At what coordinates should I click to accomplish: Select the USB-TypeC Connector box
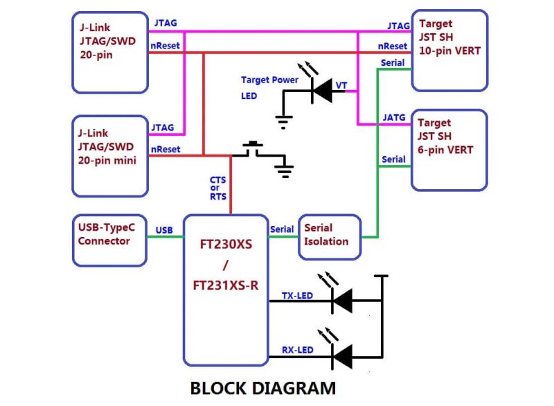(109, 240)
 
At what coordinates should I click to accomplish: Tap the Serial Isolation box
(329, 235)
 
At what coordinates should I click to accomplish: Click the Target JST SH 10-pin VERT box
(449, 50)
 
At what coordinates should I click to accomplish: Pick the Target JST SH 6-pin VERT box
(449, 150)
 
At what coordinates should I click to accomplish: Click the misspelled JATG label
(394, 117)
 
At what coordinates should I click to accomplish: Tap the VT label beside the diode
(341, 85)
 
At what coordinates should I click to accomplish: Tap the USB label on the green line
(164, 230)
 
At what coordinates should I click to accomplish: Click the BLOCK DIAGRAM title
(262, 388)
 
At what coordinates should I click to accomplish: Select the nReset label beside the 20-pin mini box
(166, 149)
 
